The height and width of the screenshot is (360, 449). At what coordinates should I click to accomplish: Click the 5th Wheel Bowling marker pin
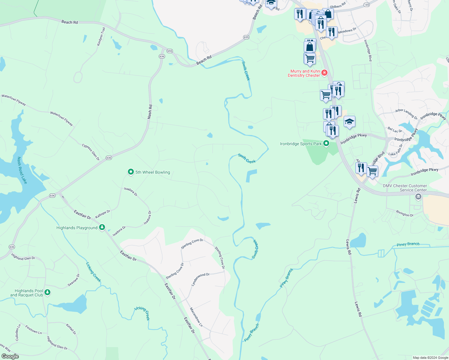pyautogui.click(x=131, y=172)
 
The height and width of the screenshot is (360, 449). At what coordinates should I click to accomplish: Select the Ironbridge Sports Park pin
pyautogui.click(x=326, y=143)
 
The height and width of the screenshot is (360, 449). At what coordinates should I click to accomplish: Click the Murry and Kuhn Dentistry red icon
pyautogui.click(x=324, y=73)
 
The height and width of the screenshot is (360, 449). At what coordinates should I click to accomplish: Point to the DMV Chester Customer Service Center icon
pyautogui.click(x=418, y=197)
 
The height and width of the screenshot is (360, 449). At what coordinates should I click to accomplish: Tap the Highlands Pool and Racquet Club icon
pyautogui.click(x=47, y=292)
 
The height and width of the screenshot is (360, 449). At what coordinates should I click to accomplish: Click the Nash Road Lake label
pyautogui.click(x=22, y=170)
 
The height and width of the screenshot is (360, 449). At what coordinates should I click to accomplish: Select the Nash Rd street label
pyautogui.click(x=150, y=112)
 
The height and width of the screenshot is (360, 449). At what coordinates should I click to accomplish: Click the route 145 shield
pyautogui.click(x=366, y=5)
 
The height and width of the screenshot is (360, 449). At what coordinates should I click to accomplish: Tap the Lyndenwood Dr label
pyautogui.click(x=200, y=279)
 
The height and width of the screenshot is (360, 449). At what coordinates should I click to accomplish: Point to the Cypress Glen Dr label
pyautogui.click(x=91, y=152)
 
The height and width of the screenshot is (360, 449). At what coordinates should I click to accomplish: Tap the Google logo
pyautogui.click(x=10, y=356)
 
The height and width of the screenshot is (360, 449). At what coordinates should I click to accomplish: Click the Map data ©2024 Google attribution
pyautogui.click(x=430, y=358)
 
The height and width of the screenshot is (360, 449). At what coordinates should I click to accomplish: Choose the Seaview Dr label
pyautogui.click(x=74, y=280)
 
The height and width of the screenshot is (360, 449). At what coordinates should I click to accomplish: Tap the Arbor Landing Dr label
pyautogui.click(x=406, y=114)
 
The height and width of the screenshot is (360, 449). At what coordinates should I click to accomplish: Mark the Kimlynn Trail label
pyautogui.click(x=101, y=37)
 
